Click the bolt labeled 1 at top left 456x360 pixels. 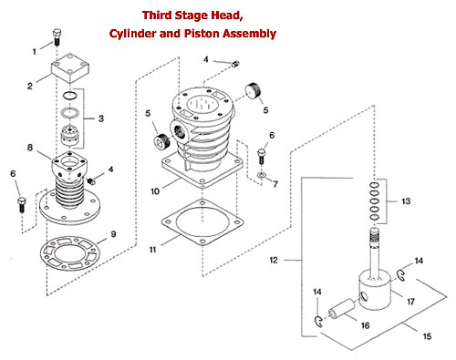click(57, 37)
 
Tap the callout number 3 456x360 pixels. click(101, 118)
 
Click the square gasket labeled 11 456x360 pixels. click(202, 221)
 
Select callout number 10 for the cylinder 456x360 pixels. click(155, 191)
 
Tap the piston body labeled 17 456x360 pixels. click(375, 292)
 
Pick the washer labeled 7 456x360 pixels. click(261, 175)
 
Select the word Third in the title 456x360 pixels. click(157, 15)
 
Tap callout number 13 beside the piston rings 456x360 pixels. click(406, 201)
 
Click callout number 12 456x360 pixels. click(274, 260)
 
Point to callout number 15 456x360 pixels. click(427, 336)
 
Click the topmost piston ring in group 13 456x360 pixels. click(375, 185)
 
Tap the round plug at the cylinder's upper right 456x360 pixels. click(254, 90)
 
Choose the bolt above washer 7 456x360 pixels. click(261, 156)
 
